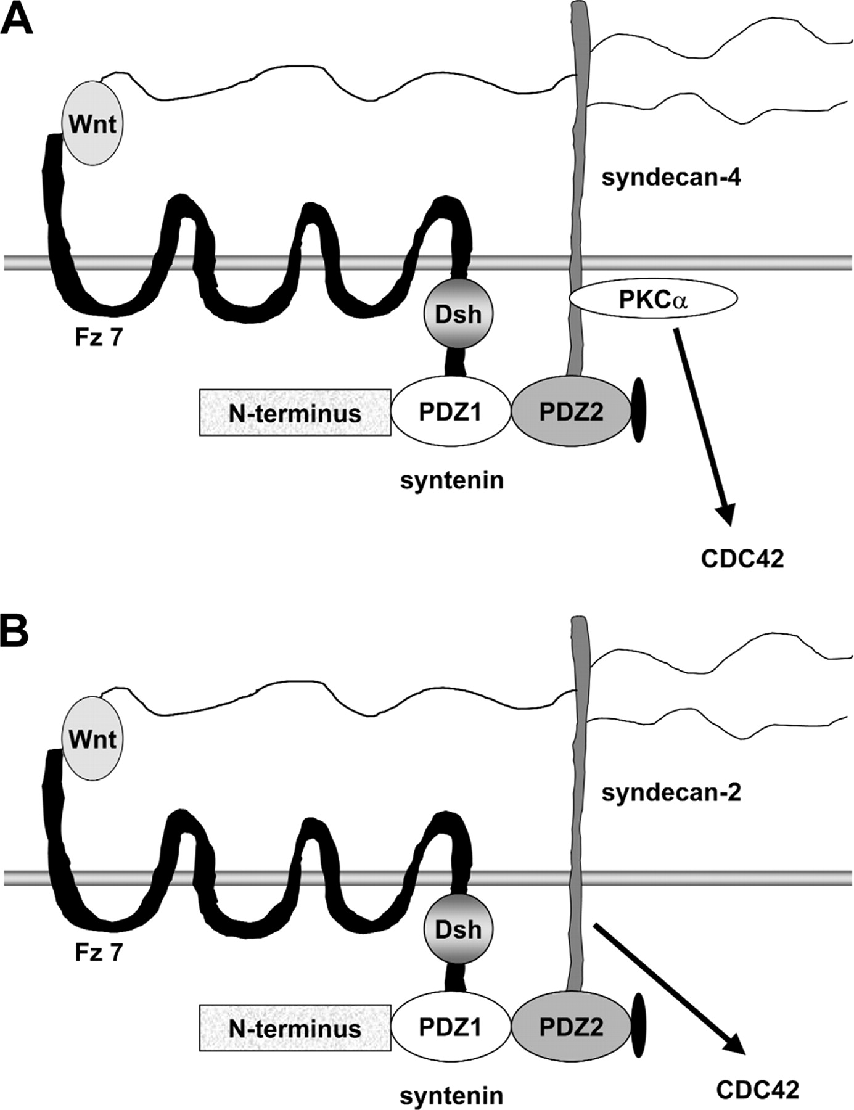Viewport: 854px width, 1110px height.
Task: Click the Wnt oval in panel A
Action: pyautogui.click(x=92, y=124)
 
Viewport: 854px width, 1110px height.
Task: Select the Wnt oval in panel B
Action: pyautogui.click(x=92, y=738)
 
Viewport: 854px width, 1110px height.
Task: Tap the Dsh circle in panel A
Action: pyautogui.click(x=458, y=313)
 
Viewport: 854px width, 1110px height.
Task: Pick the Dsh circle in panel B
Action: pyautogui.click(x=458, y=929)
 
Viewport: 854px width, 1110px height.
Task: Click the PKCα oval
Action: pyautogui.click(x=653, y=300)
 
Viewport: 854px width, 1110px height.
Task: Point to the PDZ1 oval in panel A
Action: pyautogui.click(x=451, y=412)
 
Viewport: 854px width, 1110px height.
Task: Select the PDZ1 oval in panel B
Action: pyautogui.click(x=451, y=1027)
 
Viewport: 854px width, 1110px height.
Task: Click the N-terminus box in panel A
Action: pyautogui.click(x=295, y=413)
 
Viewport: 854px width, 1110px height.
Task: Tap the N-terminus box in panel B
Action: pyautogui.click(x=295, y=1028)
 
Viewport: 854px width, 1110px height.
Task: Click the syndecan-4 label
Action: pyautogui.click(x=671, y=178)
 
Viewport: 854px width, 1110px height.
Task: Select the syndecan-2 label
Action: pyautogui.click(x=671, y=793)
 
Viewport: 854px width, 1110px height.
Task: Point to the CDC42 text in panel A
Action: pyautogui.click(x=742, y=559)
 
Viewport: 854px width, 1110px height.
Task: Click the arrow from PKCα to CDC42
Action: pyautogui.click(x=703, y=425)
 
